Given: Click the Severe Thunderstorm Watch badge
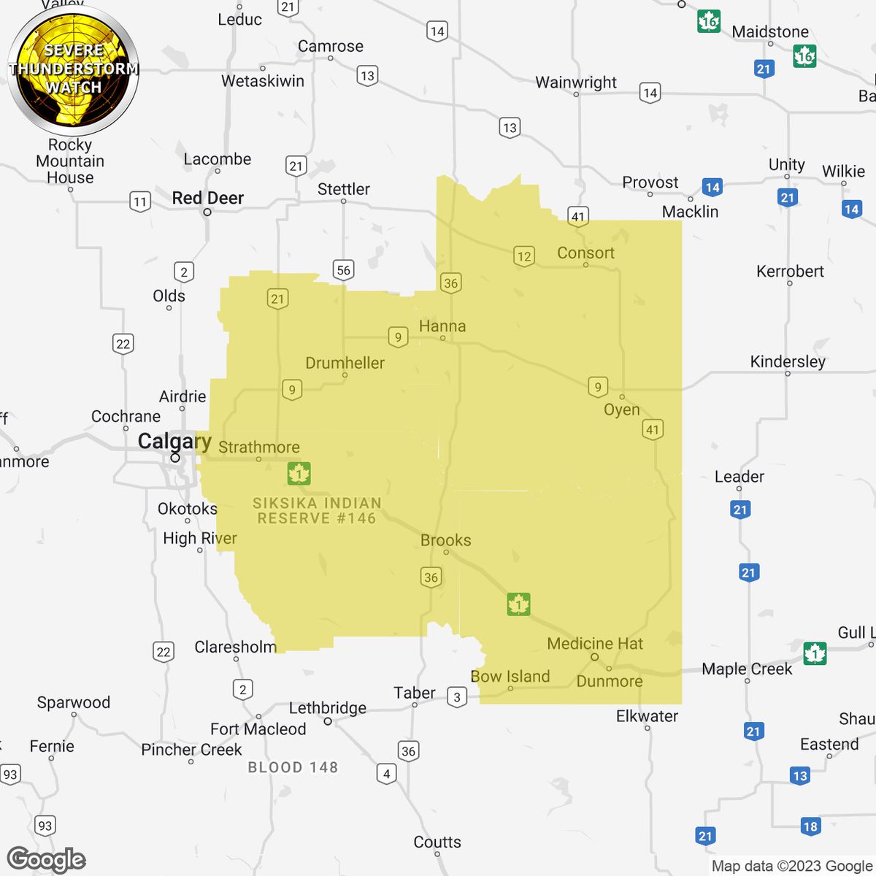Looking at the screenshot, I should tap(73, 69).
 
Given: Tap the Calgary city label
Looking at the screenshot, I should tap(174, 442).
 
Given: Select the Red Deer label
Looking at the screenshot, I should tap(208, 198).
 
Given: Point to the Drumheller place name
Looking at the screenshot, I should tap(345, 363).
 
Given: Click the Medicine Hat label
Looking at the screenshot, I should tap(595, 644).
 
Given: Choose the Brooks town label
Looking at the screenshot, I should tap(446, 540).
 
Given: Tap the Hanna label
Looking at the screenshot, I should tap(442, 326).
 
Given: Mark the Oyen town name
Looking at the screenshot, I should tap(622, 410).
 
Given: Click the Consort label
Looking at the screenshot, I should tap(585, 253).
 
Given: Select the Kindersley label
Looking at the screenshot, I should tap(788, 361).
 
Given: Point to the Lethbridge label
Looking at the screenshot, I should tap(328, 708).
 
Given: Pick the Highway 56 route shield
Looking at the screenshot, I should tap(343, 270).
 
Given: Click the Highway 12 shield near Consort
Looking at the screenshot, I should tap(524, 255).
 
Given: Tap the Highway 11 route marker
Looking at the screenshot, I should tap(139, 201).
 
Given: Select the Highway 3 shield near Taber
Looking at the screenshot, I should tap(457, 697).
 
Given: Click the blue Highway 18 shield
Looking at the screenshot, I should tap(810, 826).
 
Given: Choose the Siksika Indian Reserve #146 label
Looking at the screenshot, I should tap(317, 510).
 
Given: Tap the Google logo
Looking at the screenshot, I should tap(46, 860).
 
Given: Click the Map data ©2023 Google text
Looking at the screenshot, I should tap(792, 866).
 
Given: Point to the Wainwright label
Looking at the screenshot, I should tap(576, 82).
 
